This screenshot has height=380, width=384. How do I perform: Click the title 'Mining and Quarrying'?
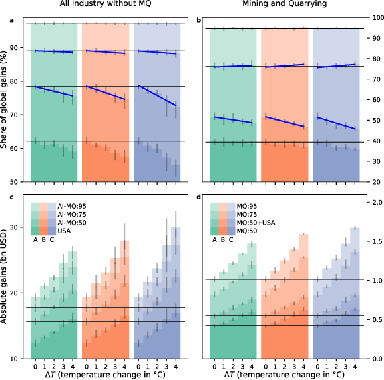pos(286,6)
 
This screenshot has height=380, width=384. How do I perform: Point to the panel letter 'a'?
pos(11,20)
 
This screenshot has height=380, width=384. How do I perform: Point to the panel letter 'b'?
pos(199,20)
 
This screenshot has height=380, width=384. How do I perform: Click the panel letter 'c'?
pos(11,197)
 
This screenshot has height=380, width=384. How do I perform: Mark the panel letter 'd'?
pos(199,197)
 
